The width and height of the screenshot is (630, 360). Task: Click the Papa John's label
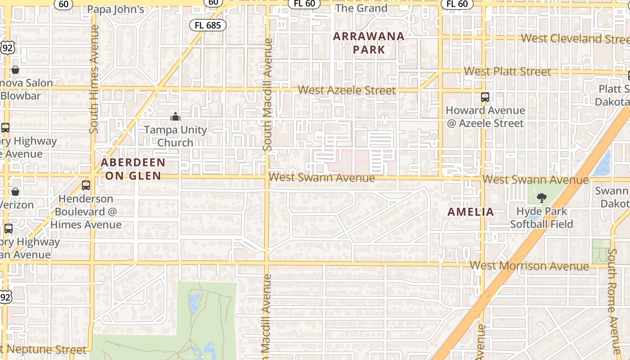116,9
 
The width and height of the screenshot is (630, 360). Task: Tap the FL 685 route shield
208,25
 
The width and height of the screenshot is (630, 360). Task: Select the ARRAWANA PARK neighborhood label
369,43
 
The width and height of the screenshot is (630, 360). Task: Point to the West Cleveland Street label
575,39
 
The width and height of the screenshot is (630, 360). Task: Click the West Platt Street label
507,71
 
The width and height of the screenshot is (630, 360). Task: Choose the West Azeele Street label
347,90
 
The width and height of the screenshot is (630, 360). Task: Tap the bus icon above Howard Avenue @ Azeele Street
485,97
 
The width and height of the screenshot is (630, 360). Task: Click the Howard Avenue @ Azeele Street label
485,117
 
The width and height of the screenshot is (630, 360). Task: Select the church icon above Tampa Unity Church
175,117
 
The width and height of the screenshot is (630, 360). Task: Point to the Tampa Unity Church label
175,136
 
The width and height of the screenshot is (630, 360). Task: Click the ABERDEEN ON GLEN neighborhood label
133,169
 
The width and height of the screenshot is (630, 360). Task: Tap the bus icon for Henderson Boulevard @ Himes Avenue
86,185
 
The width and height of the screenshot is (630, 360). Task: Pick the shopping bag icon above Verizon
15,192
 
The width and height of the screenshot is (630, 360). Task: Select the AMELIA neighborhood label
471,212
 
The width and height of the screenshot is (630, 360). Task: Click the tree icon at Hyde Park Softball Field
542,198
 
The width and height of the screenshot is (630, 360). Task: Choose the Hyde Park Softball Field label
541,217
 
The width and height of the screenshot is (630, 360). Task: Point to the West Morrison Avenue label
529,265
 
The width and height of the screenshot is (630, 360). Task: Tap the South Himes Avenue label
94,79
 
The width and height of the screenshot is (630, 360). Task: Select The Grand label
361,8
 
